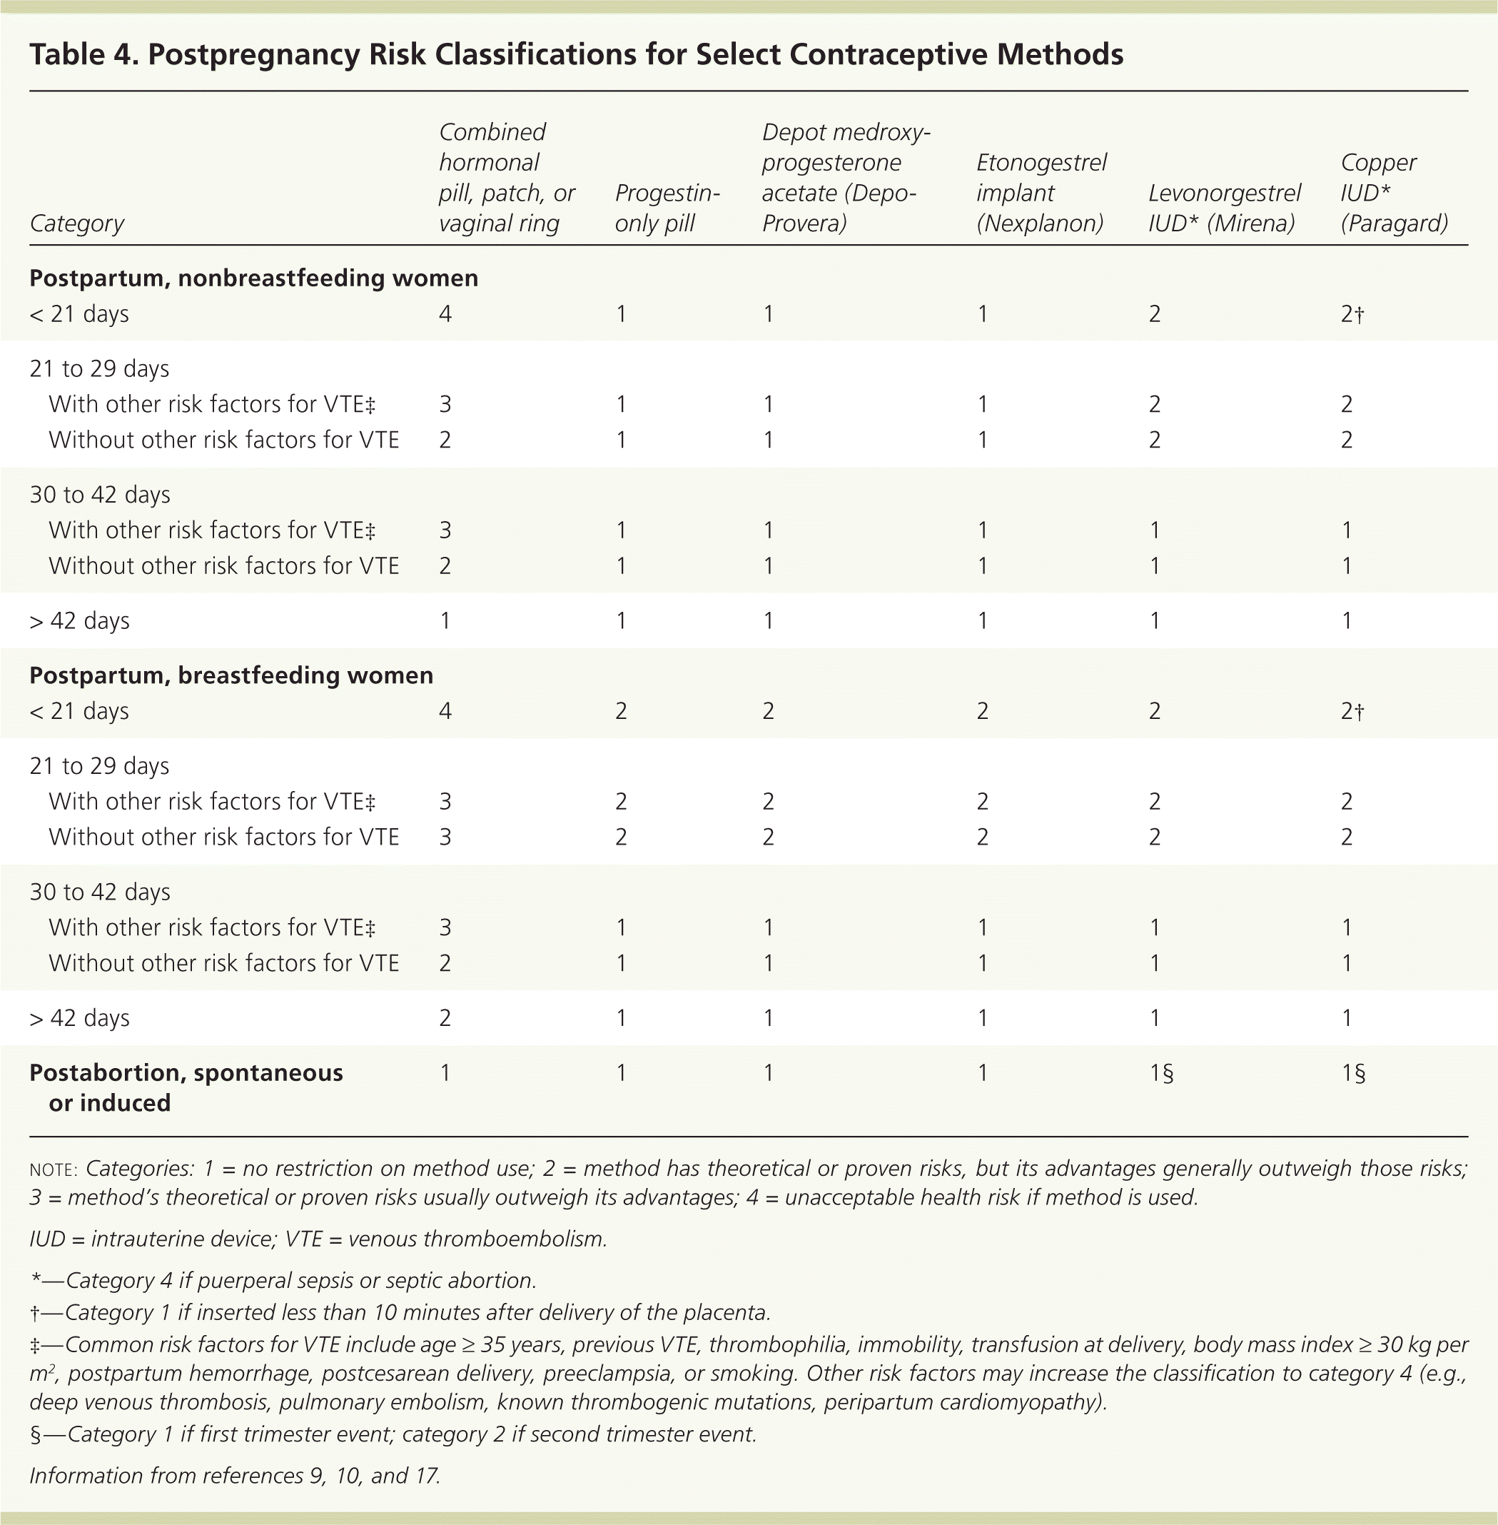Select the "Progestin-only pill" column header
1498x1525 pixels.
(667, 208)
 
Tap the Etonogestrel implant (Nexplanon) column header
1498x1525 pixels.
(1041, 193)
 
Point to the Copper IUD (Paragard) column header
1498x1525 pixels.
(1394, 193)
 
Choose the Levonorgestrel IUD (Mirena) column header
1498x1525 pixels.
(1224, 208)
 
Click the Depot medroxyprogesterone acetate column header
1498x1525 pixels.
(846, 178)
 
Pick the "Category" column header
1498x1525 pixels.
(77, 223)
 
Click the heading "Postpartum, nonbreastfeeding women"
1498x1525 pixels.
(253, 278)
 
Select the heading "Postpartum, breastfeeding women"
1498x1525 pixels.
(231, 675)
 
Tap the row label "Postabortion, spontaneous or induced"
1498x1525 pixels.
(186, 1087)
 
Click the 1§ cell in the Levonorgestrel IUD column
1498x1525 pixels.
(1160, 1072)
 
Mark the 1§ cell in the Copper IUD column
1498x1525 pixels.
(1353, 1072)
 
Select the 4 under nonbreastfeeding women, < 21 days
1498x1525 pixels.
(445, 314)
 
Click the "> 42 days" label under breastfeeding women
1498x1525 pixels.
(79, 1017)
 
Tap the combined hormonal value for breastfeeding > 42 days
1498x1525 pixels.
(445, 1017)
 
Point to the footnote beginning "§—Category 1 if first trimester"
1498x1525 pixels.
(393, 1434)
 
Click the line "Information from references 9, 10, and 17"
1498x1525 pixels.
(235, 1474)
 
